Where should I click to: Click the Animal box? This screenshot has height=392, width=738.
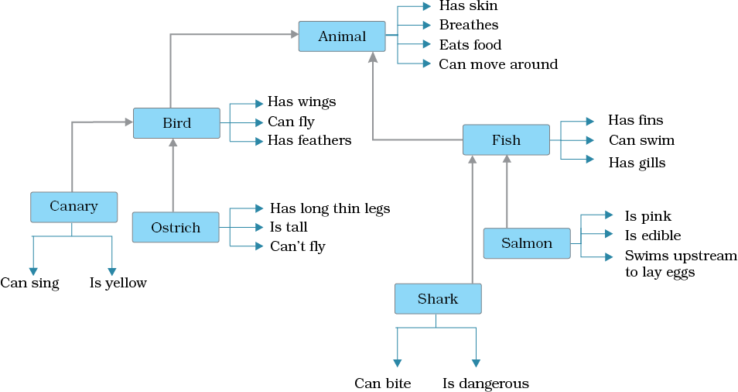click(x=342, y=36)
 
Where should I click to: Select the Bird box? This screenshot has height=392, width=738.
click(x=176, y=123)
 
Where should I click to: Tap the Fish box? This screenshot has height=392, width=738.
click(x=506, y=140)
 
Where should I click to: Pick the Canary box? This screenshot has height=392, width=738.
click(x=73, y=206)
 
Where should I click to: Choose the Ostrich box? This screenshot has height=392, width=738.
click(x=176, y=228)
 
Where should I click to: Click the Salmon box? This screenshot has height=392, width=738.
click(x=527, y=243)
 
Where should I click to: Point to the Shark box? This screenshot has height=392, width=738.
click(x=438, y=299)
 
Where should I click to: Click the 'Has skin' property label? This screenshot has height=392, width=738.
click(x=468, y=6)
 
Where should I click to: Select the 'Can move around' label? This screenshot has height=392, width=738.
click(x=498, y=64)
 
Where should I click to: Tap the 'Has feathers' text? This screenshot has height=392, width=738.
click(x=309, y=140)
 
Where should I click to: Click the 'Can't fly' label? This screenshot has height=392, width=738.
click(x=297, y=247)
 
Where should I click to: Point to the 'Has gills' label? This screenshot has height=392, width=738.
click(x=636, y=163)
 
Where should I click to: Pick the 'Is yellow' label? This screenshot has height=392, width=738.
click(x=118, y=284)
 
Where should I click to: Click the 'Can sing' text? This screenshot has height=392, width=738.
click(x=29, y=284)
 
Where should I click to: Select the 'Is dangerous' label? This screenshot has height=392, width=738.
click(x=486, y=383)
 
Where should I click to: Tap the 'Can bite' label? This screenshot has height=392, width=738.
click(x=383, y=383)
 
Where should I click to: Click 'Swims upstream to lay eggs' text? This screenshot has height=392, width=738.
click(x=680, y=264)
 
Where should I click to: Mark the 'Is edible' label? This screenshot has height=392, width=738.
click(x=652, y=236)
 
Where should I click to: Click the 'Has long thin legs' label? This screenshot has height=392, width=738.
click(x=330, y=208)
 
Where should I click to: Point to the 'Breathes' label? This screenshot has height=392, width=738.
click(x=469, y=26)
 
